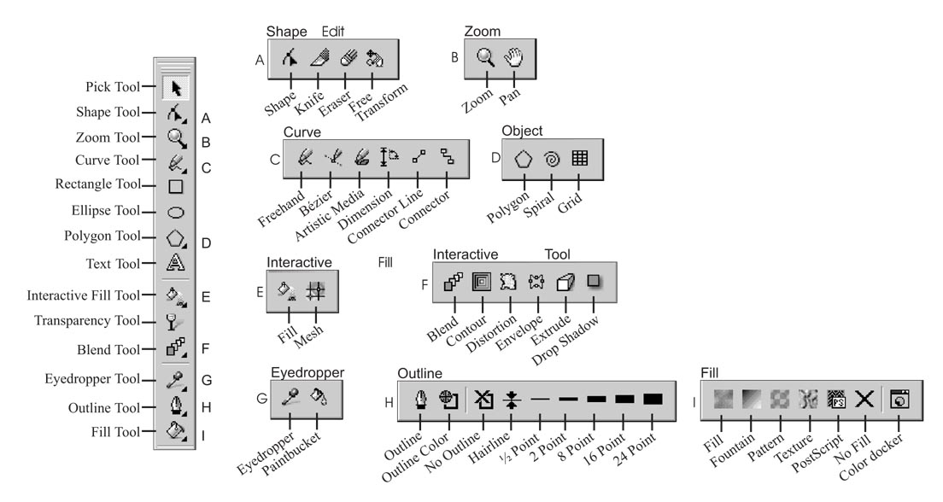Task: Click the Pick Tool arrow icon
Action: click(x=176, y=87)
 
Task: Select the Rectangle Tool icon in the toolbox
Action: click(x=176, y=186)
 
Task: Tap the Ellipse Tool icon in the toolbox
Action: click(x=176, y=212)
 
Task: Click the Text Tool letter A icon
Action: click(x=176, y=264)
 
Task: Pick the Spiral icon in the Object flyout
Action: click(x=552, y=159)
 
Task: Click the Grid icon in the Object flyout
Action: click(x=580, y=159)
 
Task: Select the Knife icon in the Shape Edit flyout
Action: click(x=319, y=58)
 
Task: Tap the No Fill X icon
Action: click(x=864, y=398)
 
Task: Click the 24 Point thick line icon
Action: click(x=653, y=399)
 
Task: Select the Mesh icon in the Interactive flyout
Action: click(x=315, y=290)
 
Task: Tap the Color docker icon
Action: click(x=898, y=398)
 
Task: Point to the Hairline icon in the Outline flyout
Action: click(x=511, y=399)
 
